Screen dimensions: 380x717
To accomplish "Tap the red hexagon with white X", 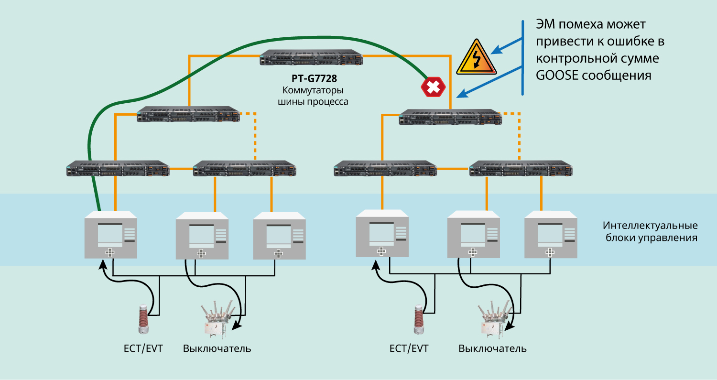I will click(433, 87).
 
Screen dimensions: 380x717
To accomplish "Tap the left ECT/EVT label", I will click(143, 348).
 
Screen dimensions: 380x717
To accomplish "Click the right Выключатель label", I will click(492, 348).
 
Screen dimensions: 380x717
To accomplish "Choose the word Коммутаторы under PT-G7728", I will click(313, 90).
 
